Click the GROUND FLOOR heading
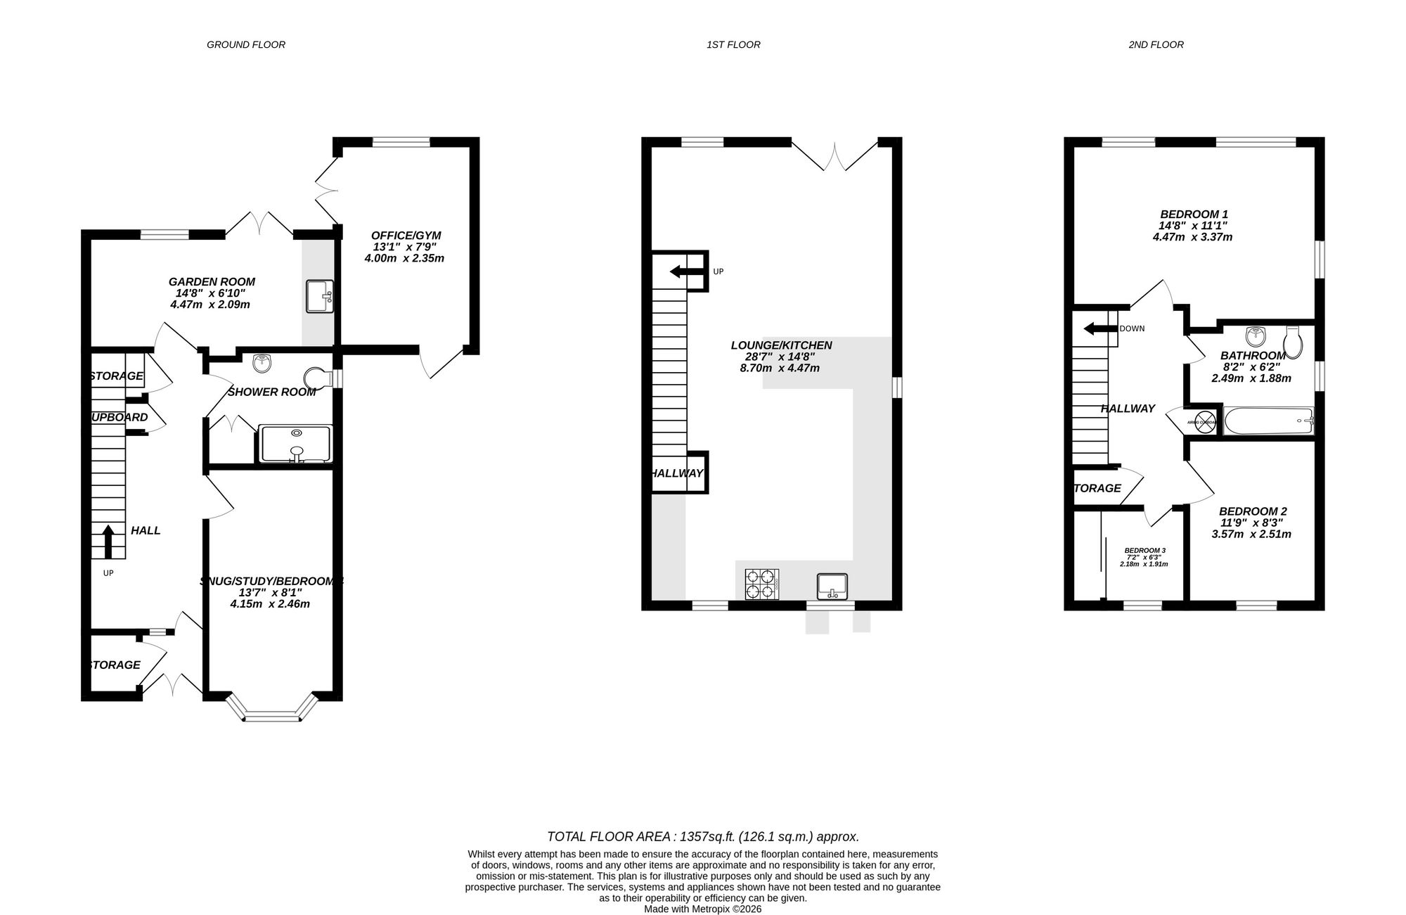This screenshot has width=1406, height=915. coord(245,44)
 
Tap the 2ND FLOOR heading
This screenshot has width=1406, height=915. coord(1156,44)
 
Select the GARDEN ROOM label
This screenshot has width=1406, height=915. coord(211,281)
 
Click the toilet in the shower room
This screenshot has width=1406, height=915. coord(318,378)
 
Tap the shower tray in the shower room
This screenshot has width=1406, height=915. coord(296,444)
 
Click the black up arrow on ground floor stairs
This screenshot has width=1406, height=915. coord(108,541)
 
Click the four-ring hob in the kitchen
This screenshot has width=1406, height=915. coord(762,584)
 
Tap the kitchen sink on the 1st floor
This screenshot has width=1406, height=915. coord(832,586)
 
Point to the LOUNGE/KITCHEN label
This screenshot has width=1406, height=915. coord(781,345)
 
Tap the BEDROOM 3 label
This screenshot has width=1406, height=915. coord(1144,550)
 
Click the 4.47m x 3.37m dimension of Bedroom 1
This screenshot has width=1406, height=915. coord(1192,237)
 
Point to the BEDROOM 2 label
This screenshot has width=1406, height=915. coord(1253,511)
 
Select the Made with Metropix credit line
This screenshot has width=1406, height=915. coord(702,909)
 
